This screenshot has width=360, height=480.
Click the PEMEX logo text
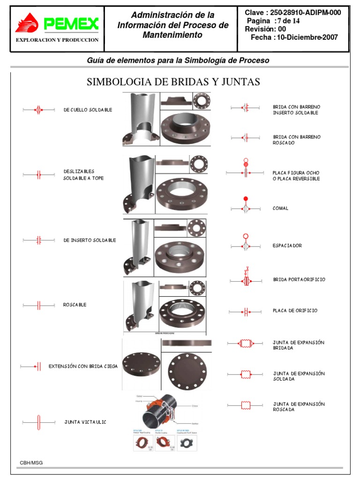tap(71, 23)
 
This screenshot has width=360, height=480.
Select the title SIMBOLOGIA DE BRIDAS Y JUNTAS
tap(173, 82)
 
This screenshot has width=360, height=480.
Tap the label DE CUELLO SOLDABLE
tap(88, 110)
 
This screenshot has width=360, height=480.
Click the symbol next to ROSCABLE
tap(39, 305)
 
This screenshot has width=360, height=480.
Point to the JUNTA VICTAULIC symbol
tap(39, 422)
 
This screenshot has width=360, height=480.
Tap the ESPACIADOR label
tap(287, 246)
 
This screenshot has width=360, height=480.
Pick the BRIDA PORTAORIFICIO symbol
tap(246, 280)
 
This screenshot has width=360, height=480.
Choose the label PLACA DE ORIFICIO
tap(295, 311)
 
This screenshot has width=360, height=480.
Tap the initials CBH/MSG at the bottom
tap(31, 463)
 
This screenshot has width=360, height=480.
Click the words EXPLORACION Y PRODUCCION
tap(57, 40)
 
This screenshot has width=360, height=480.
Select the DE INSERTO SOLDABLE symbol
tap(39, 240)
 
